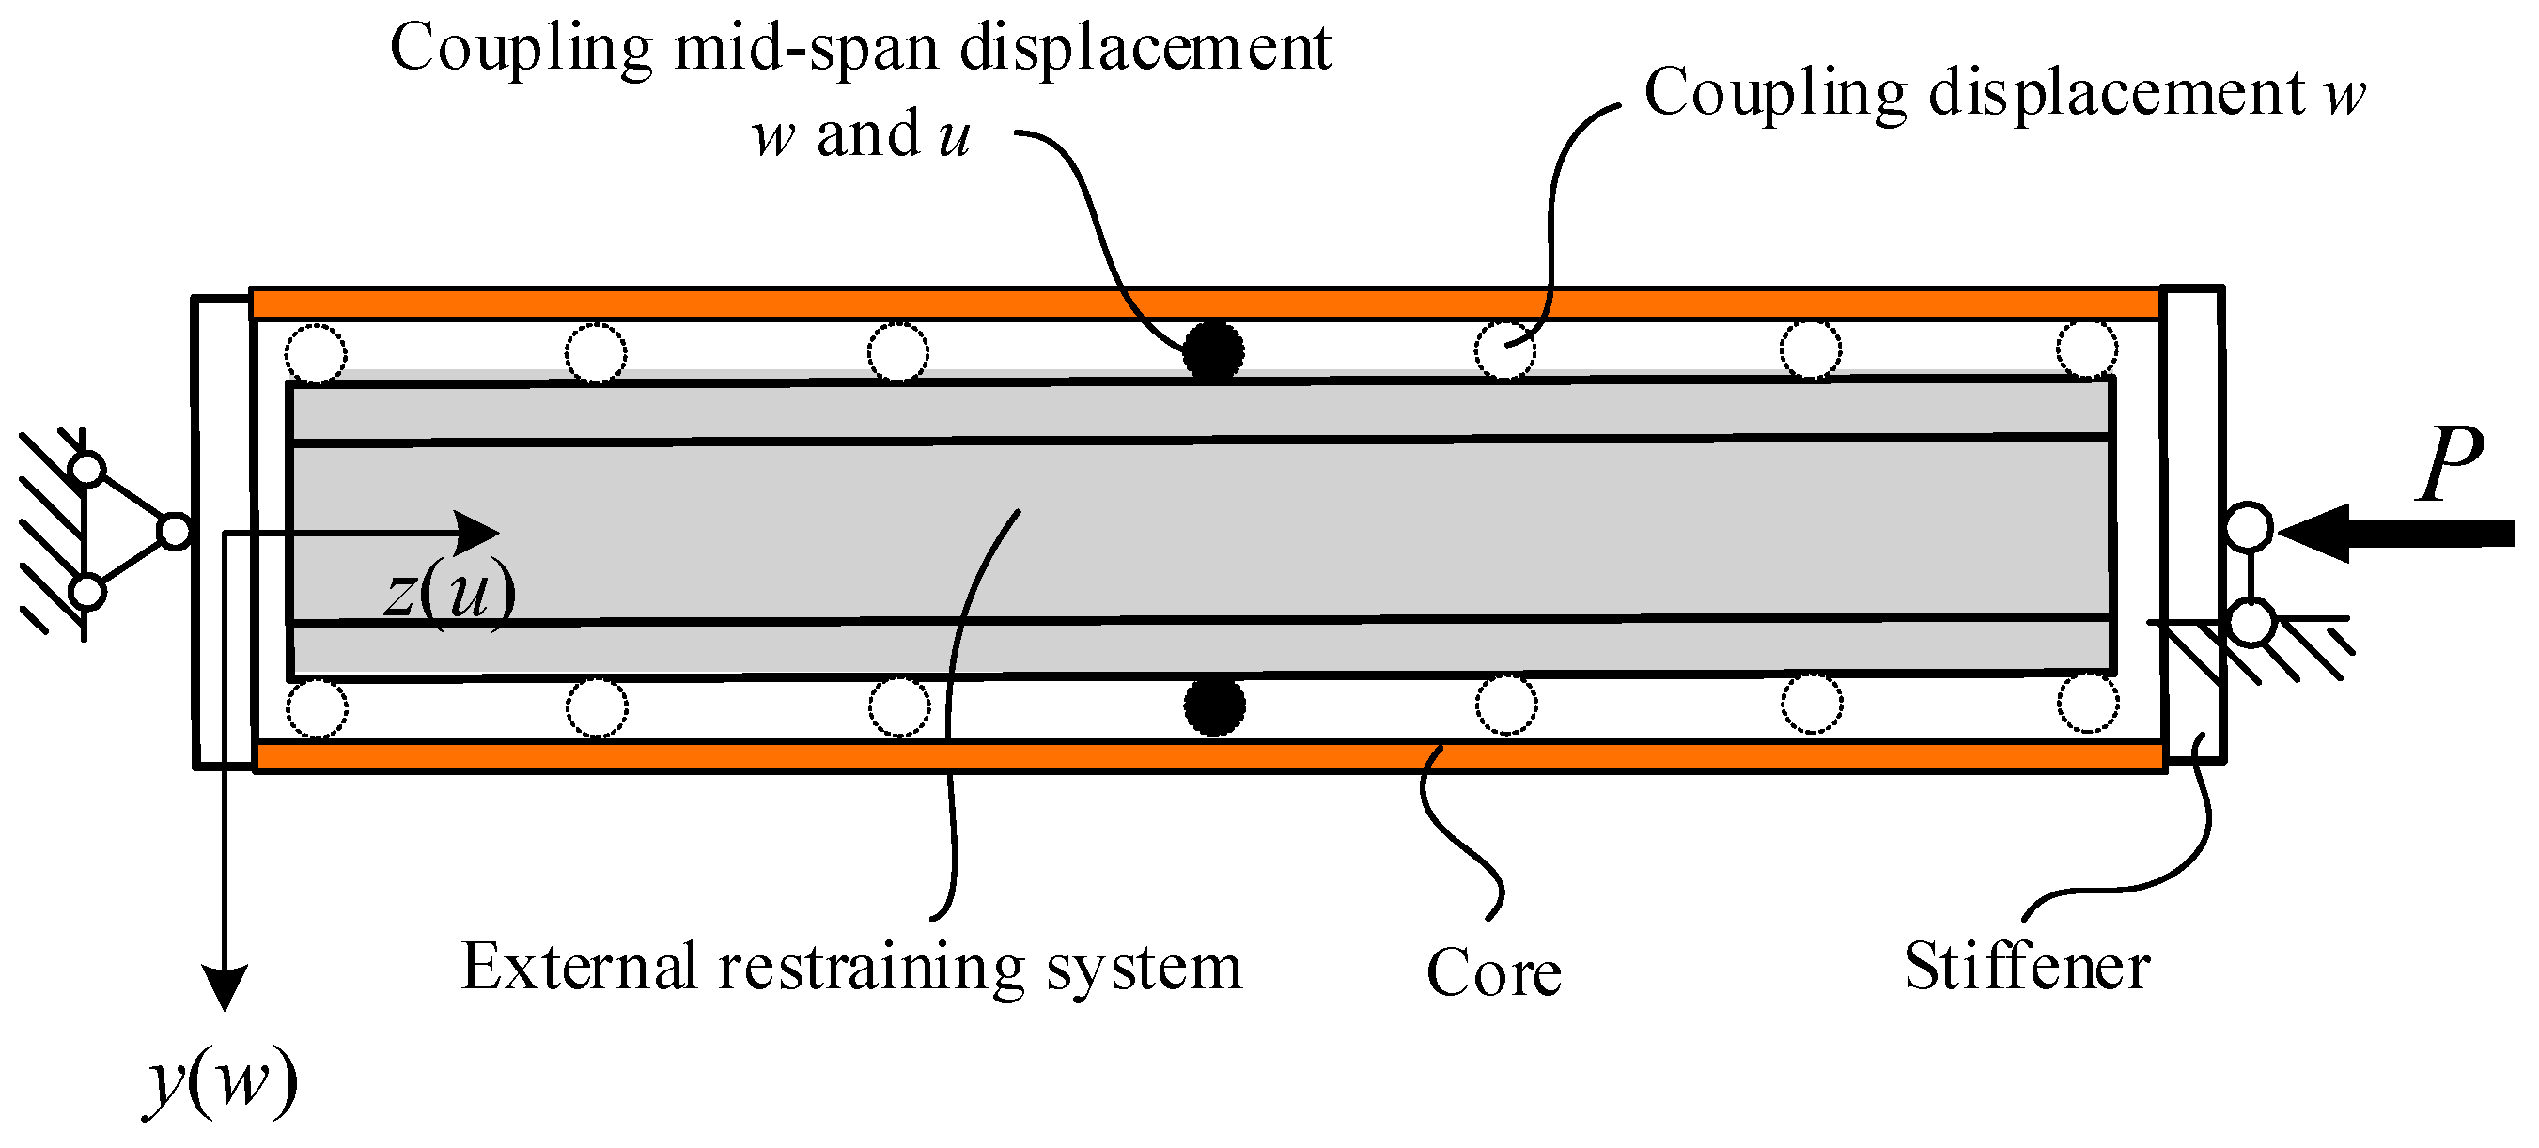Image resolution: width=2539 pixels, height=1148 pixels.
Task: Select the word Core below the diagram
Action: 1493,972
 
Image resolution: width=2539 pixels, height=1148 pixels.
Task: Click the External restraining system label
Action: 851,967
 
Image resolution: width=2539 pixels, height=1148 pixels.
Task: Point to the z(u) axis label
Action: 450,591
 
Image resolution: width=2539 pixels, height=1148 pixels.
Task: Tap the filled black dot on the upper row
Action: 1213,350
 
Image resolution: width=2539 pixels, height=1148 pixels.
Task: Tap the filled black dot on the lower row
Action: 1213,706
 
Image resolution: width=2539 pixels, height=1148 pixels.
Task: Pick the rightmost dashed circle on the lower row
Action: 2088,704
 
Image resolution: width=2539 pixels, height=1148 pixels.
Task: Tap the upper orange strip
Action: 1203,303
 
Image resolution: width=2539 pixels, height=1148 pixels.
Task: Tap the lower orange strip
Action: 1203,757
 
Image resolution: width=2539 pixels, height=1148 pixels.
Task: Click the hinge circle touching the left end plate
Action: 175,532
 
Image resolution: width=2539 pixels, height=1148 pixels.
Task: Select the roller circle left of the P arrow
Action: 2250,527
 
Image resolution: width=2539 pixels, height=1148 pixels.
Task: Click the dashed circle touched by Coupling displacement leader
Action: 1504,349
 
